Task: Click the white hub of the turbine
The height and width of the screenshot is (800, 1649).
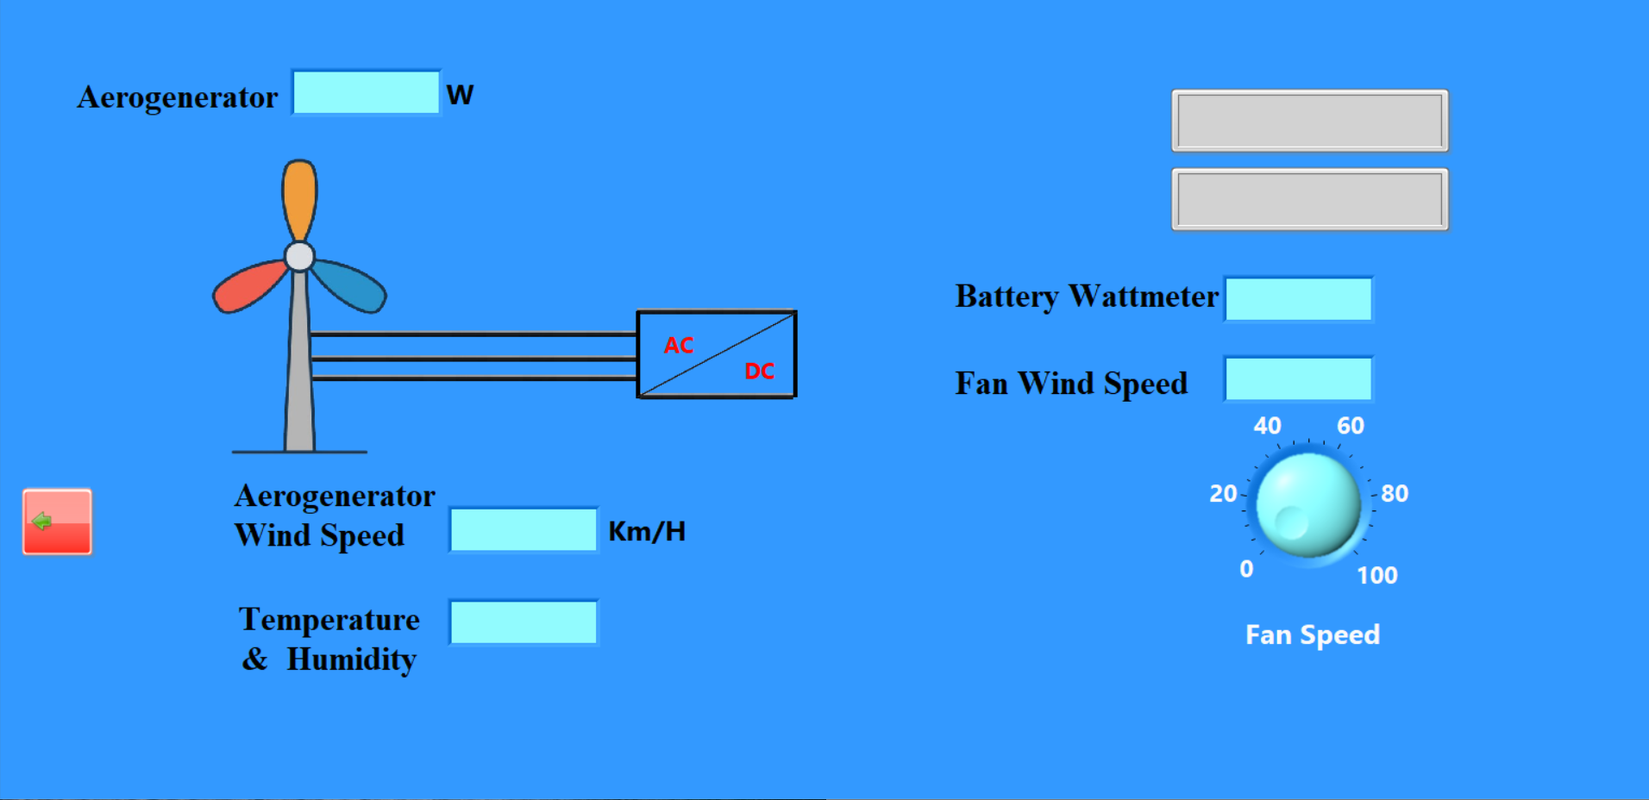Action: [x=299, y=256]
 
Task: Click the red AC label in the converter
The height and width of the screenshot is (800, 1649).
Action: [x=679, y=346]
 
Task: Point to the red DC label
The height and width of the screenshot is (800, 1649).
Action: [x=759, y=372]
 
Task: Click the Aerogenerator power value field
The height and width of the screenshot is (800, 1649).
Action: [x=367, y=93]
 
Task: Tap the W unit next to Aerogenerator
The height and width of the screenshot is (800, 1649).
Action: [x=460, y=95]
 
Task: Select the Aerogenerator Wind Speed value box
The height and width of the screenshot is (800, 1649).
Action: [x=524, y=530]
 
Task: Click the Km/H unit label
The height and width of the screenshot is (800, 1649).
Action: [x=647, y=532]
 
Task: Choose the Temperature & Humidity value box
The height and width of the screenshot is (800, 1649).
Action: [x=524, y=622]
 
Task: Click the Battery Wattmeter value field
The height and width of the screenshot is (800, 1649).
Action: [x=1299, y=299]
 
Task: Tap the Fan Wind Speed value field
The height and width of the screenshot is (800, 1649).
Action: [x=1299, y=379]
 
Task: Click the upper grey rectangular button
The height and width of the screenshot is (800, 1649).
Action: [x=1309, y=121]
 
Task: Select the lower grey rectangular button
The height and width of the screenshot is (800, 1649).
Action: [x=1309, y=200]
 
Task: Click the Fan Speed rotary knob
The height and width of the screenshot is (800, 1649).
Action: [x=1308, y=505]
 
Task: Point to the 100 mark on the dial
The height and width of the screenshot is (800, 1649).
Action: [x=1376, y=575]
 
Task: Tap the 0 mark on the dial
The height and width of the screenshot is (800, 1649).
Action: [x=1246, y=569]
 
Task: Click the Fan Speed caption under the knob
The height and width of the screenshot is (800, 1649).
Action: [x=1312, y=635]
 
